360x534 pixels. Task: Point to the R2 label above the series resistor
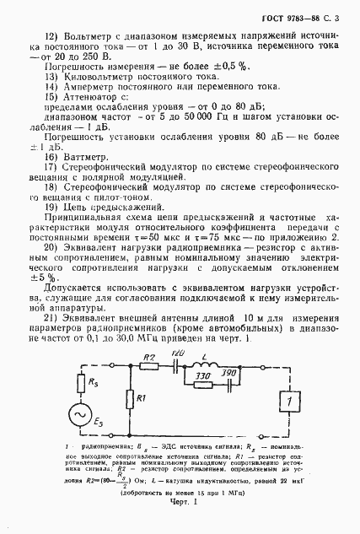click(149, 359)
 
